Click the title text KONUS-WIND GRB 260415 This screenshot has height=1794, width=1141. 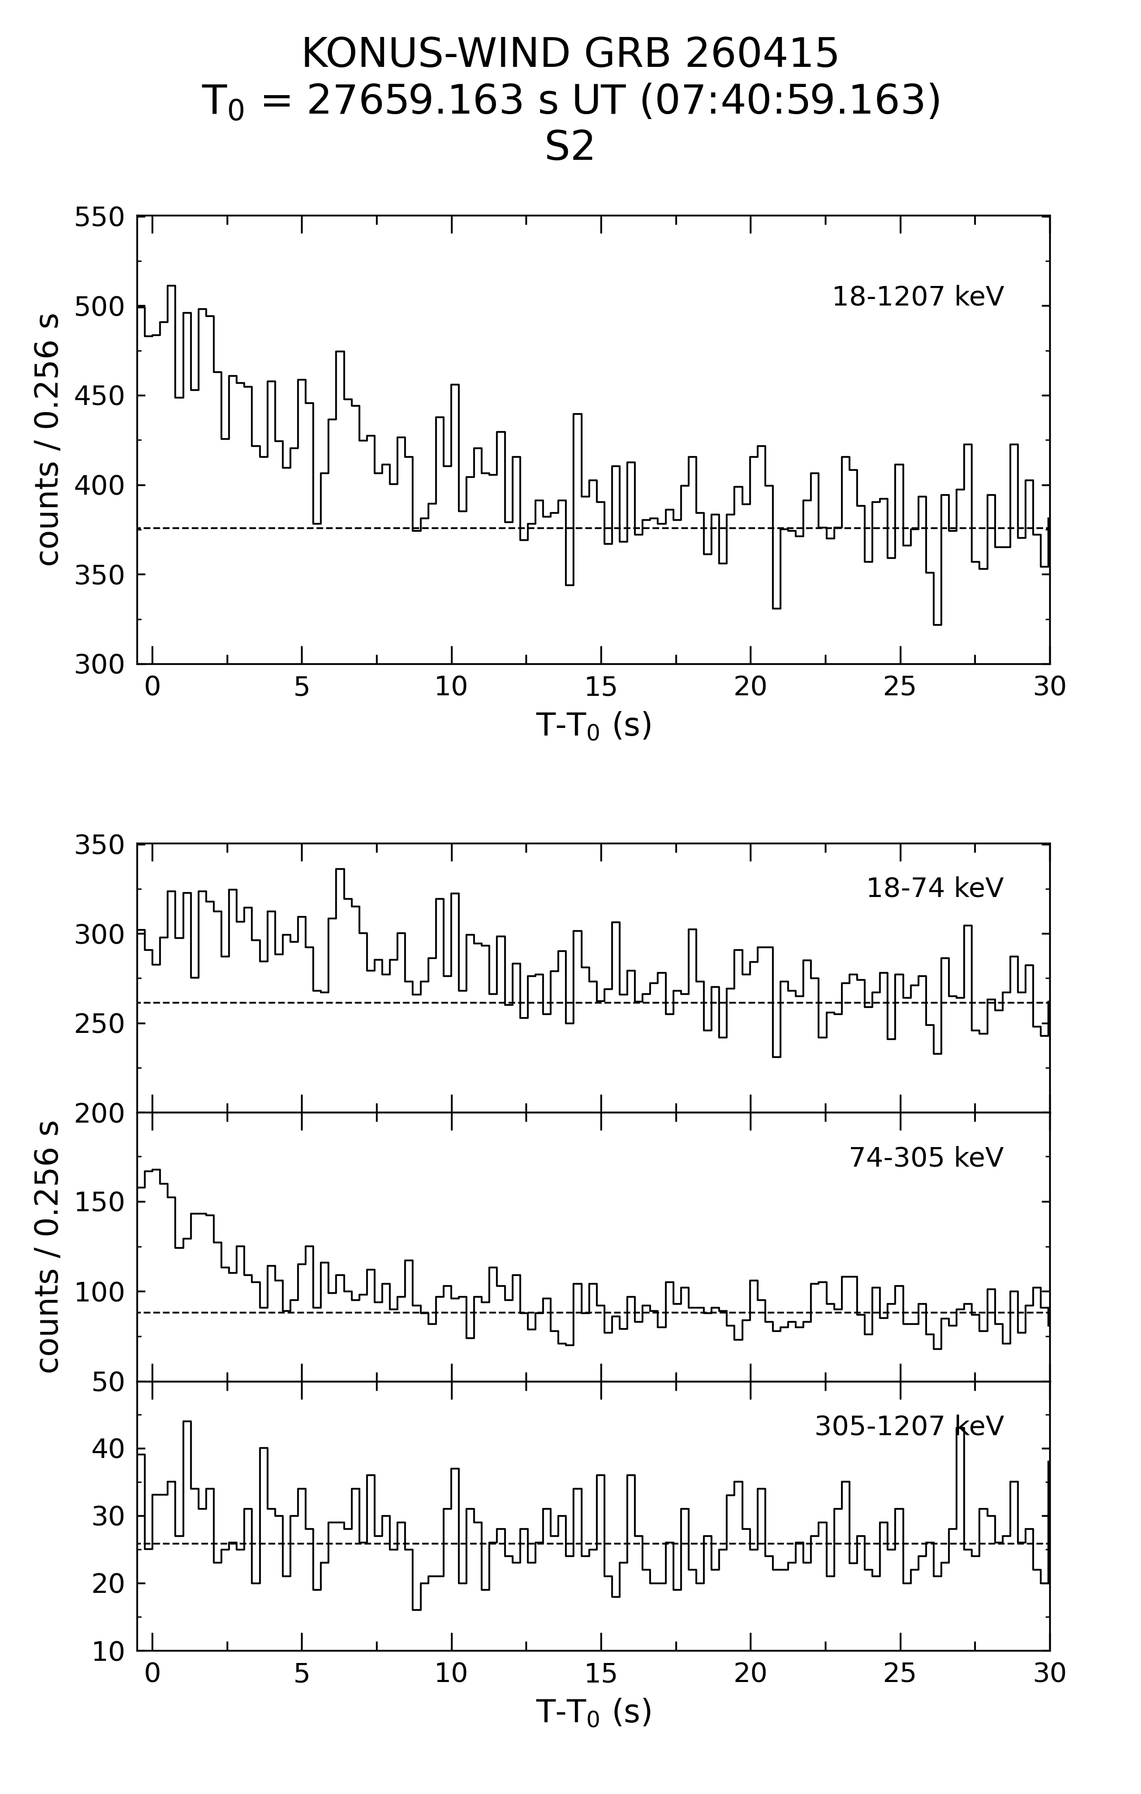pyautogui.click(x=570, y=54)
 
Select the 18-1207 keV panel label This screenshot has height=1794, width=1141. pyautogui.click(x=918, y=296)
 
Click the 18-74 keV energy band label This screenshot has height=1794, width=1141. pyautogui.click(x=935, y=888)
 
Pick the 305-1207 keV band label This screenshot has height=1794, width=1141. pyautogui.click(x=910, y=1427)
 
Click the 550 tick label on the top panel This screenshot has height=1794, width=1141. pyautogui.click(x=99, y=217)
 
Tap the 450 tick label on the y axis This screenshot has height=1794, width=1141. pyautogui.click(x=99, y=396)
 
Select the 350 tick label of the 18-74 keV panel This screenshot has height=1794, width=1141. pyautogui.click(x=99, y=845)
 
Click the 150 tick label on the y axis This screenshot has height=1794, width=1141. pyautogui.click(x=99, y=1203)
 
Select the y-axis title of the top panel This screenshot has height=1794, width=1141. pyautogui.click(x=48, y=440)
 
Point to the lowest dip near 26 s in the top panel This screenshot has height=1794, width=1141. pyautogui.click(x=937, y=624)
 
